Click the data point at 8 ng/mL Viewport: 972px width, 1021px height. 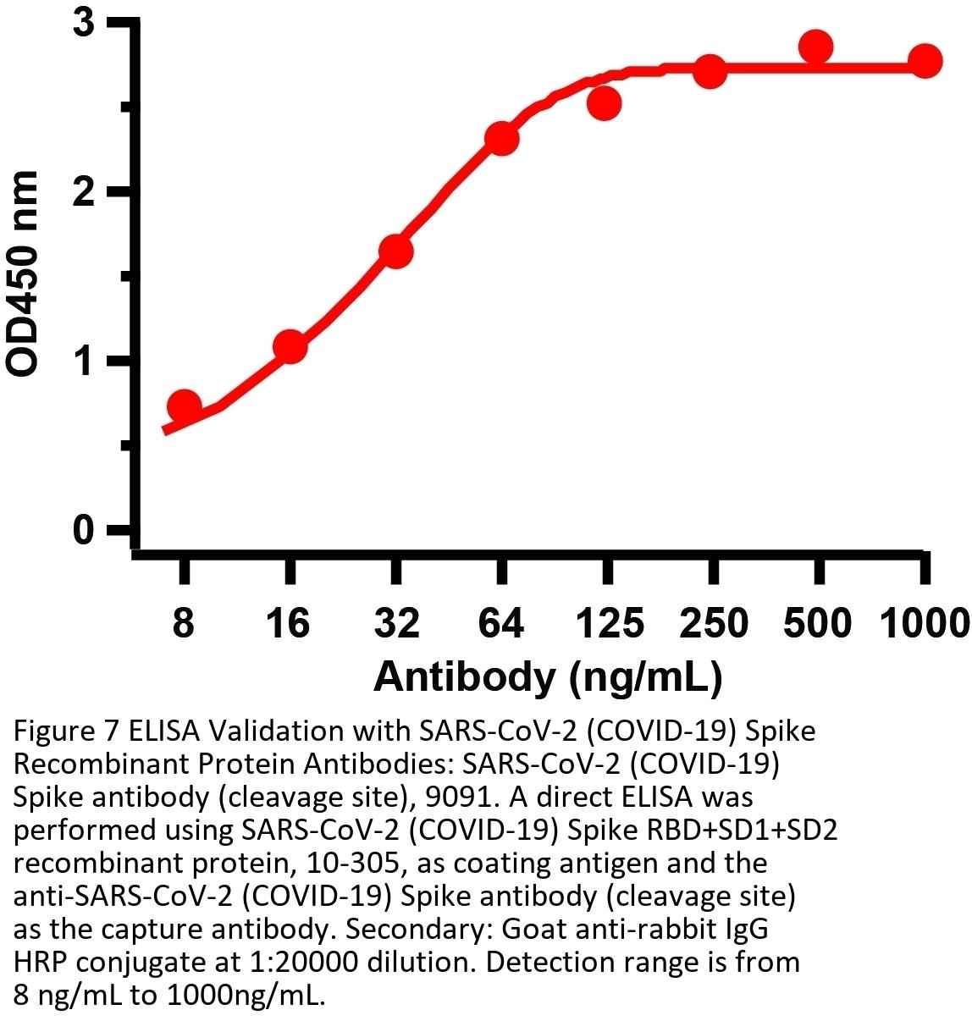[x=184, y=406]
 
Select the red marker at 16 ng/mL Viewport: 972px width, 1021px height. [x=290, y=347]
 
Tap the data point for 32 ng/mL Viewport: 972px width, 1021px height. [x=395, y=251]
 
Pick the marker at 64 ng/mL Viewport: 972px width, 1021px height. [x=501, y=138]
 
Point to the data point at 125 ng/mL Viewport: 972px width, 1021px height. [x=605, y=104]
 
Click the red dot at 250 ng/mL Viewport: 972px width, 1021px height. [x=710, y=73]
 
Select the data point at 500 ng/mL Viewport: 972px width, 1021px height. [x=816, y=47]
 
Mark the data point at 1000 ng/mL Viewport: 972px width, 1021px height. [x=925, y=61]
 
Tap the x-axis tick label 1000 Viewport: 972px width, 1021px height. [x=924, y=625]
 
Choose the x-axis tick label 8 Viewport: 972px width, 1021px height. [x=183, y=625]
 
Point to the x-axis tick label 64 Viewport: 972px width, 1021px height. [x=501, y=625]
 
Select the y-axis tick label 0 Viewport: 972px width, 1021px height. [x=82, y=532]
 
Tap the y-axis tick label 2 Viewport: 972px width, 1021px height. [x=82, y=192]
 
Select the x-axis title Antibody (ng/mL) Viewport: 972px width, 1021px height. [x=547, y=676]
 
